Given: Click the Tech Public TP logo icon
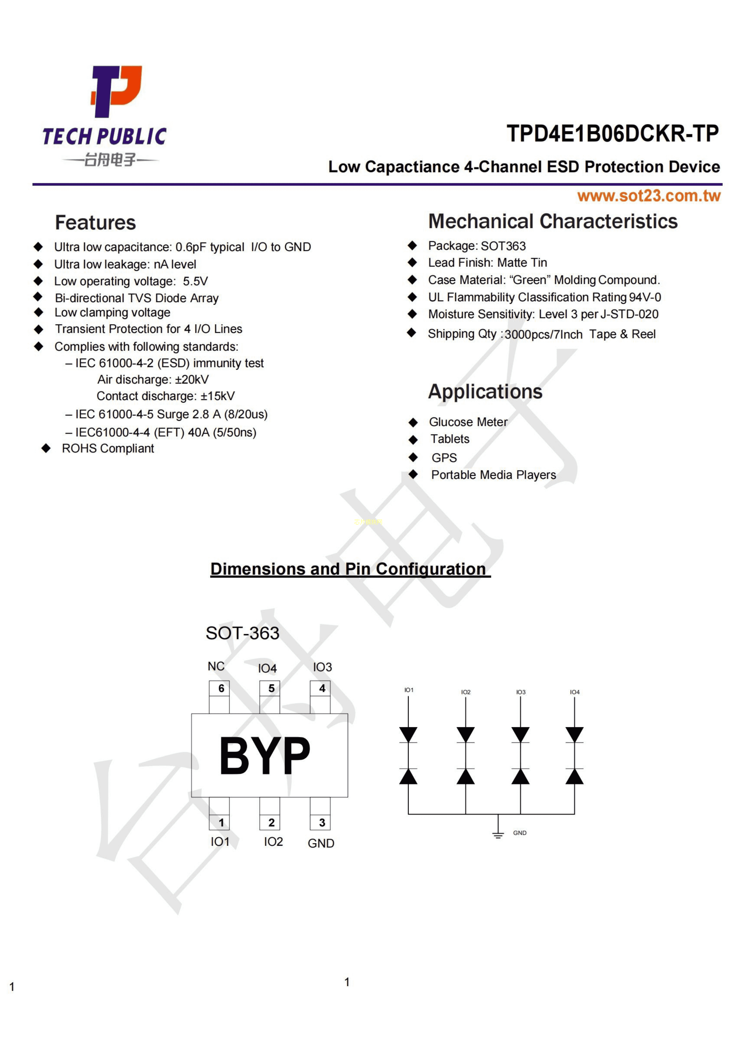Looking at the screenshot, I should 116,91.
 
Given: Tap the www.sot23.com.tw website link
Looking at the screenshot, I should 648,196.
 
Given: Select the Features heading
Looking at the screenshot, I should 95,223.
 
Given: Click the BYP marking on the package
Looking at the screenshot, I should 265,756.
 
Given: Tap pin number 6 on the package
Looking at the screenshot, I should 221,688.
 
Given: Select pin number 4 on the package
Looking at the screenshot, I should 322,688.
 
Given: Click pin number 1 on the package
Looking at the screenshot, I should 221,822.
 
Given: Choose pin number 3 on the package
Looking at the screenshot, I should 322,822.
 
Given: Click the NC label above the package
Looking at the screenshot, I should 216,666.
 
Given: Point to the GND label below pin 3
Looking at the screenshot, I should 321,843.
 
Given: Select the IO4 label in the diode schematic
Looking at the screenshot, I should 574,692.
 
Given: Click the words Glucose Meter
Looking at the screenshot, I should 468,422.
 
